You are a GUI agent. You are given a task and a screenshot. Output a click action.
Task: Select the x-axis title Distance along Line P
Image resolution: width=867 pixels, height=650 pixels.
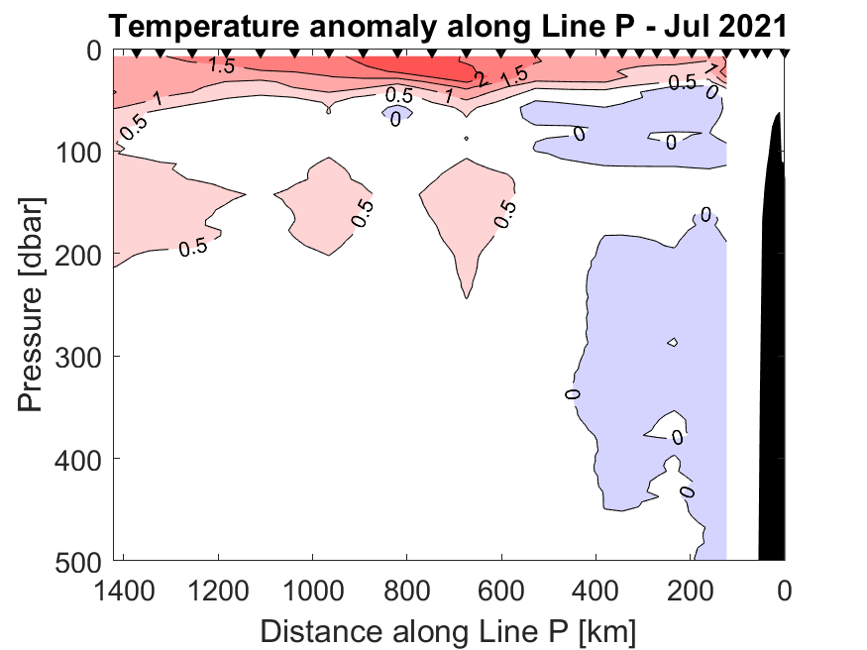click(448, 630)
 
